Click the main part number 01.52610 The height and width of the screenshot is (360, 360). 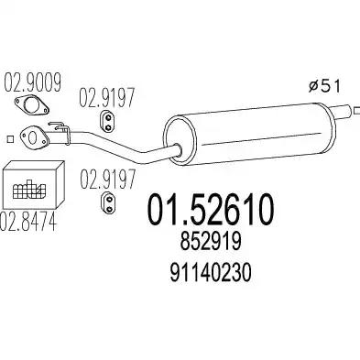[x=211, y=210]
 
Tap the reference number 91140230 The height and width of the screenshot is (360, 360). [x=211, y=273]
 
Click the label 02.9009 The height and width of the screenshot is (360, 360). [x=32, y=82]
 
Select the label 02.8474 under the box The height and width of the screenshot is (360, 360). [x=28, y=222]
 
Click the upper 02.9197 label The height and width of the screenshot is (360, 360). [x=106, y=97]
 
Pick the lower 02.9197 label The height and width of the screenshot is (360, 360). [x=107, y=180]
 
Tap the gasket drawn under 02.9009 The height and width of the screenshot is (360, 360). [x=31, y=105]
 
